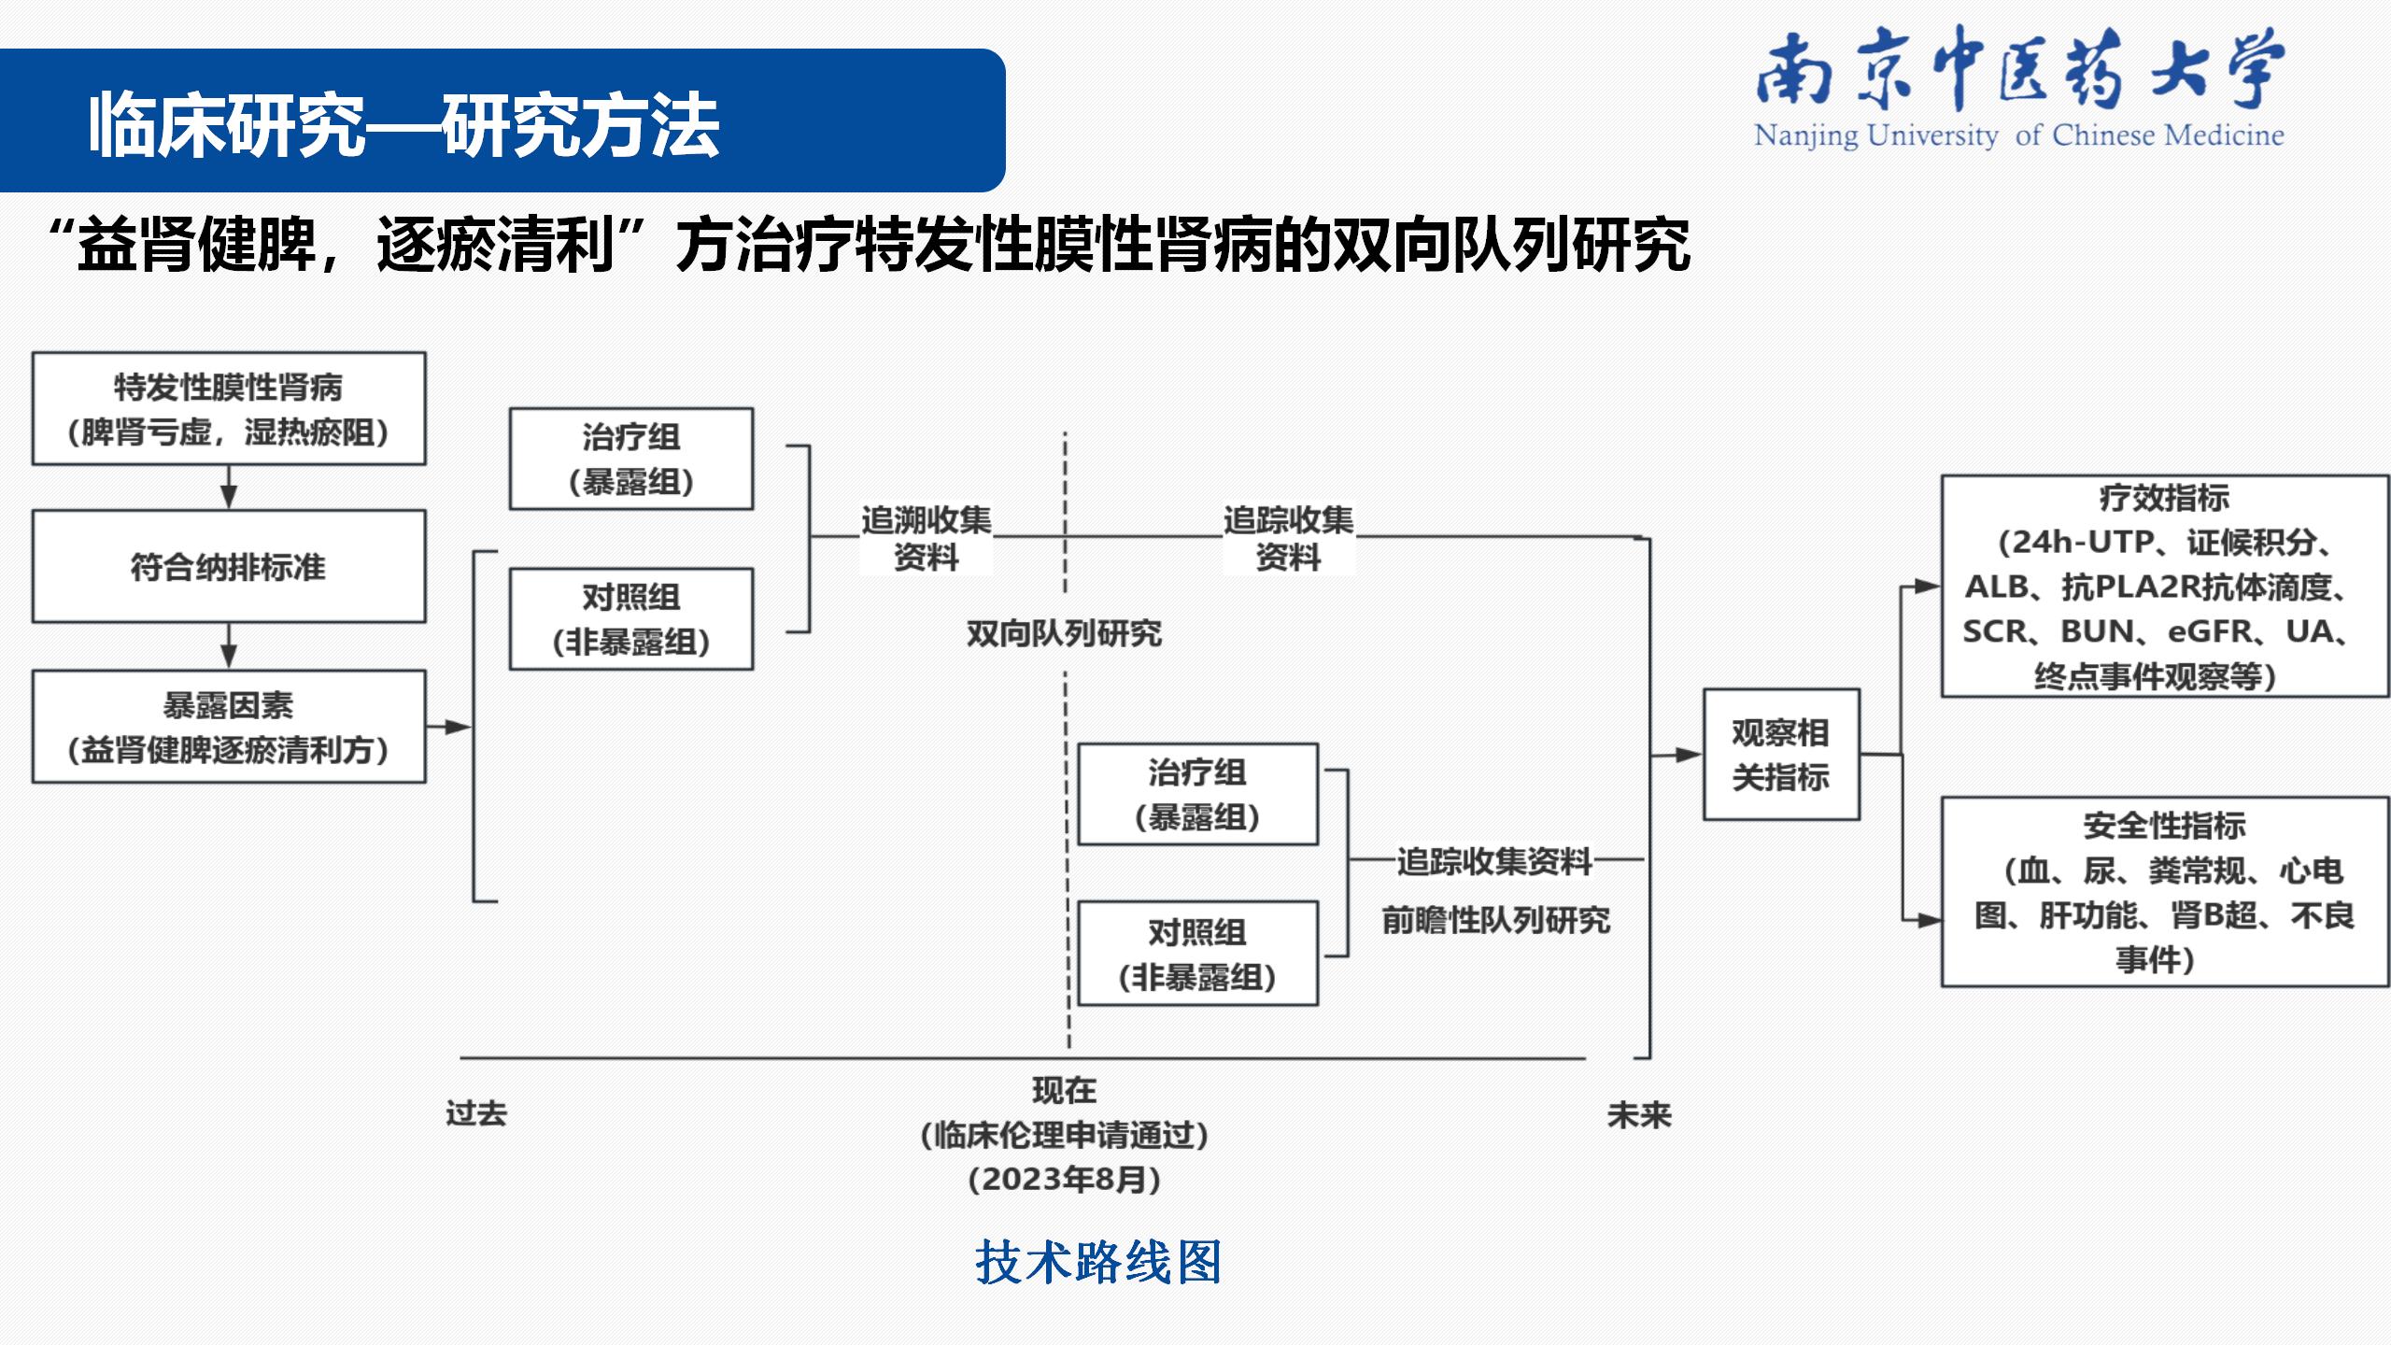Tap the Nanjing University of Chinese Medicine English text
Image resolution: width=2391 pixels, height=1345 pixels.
[2018, 136]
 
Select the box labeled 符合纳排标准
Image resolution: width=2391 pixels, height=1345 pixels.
[229, 566]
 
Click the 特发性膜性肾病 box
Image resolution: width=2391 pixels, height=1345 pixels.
[229, 408]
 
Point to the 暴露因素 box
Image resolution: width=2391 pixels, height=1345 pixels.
[229, 727]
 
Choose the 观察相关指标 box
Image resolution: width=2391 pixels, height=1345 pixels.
[1781, 755]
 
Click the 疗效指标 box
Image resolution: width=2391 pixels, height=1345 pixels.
[2165, 586]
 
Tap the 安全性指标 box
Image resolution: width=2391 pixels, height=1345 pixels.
[2165, 892]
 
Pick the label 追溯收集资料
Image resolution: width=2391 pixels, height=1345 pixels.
[926, 538]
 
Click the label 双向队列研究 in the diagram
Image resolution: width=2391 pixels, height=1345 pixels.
[1064, 633]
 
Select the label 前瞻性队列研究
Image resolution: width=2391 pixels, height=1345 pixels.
[1496, 920]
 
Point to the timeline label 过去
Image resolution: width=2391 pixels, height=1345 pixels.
[476, 1113]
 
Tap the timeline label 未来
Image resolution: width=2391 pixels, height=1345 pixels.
[1639, 1114]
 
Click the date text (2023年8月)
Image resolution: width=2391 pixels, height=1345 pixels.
[1065, 1179]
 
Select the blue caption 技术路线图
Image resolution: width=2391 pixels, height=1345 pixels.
[1098, 1262]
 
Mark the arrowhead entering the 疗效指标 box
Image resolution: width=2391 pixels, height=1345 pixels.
[1927, 587]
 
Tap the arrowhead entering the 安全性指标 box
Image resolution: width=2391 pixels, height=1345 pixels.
[1927, 920]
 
